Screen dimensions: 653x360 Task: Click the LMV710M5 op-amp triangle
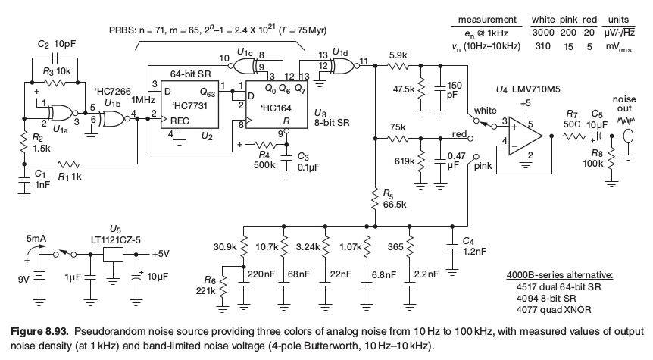pos(524,136)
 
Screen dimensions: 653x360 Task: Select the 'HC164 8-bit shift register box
pos(277,105)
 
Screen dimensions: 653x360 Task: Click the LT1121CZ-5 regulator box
pos(113,254)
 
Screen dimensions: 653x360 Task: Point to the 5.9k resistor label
pos(398,55)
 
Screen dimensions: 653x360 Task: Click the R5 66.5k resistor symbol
pos(375,198)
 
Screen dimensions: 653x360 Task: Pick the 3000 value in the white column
pos(542,33)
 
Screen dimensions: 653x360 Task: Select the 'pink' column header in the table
pos(567,20)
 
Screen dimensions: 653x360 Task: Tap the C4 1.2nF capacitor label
pos(474,246)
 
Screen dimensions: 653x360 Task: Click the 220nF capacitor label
pos(261,274)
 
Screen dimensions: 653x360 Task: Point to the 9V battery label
pos(23,279)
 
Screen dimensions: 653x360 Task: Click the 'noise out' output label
pos(624,104)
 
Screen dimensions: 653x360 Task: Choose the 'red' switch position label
pos(459,133)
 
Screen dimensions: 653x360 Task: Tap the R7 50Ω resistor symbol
pos(574,136)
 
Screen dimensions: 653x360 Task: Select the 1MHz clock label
pos(143,100)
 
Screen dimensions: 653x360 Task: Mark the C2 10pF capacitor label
pos(57,44)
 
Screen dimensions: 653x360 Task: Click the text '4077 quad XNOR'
pos(554,309)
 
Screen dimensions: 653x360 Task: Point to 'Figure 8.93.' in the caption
pos(39,332)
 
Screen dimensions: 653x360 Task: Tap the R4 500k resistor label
pos(264,160)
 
